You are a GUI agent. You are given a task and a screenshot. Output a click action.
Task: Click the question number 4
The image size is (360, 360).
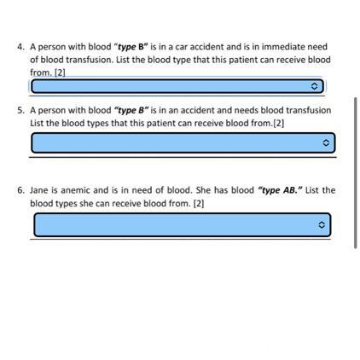20,47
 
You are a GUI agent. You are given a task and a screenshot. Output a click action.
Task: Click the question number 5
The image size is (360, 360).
20,110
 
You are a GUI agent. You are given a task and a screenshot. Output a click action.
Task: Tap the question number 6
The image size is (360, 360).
20,190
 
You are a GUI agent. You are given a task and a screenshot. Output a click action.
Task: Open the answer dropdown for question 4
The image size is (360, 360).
177,86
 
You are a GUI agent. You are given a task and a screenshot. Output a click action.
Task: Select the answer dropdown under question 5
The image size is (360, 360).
183,142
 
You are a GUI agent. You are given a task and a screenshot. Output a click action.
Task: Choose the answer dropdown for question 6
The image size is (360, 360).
183,224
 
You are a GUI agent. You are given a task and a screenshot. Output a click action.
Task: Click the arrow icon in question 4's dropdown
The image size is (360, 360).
314,86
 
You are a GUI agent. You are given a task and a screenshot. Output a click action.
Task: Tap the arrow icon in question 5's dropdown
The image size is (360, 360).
326,142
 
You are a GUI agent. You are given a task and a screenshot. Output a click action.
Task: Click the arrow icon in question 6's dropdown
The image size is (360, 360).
322,225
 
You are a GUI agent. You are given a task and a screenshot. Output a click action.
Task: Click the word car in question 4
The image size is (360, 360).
182,47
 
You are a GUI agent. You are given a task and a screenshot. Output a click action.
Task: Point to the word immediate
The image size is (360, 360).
283,47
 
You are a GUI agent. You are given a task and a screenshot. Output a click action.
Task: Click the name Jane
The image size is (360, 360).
39,190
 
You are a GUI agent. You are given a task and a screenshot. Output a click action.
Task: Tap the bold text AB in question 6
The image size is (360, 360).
290,190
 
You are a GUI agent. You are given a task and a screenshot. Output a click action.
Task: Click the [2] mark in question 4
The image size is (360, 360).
60,73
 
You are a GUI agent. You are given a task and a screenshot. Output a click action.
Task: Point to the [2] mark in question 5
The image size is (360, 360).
279,124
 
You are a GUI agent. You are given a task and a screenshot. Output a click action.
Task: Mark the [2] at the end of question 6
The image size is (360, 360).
199,204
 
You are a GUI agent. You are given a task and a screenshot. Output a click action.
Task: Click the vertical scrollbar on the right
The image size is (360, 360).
355,173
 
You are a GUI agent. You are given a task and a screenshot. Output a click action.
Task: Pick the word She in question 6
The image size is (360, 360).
203,190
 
